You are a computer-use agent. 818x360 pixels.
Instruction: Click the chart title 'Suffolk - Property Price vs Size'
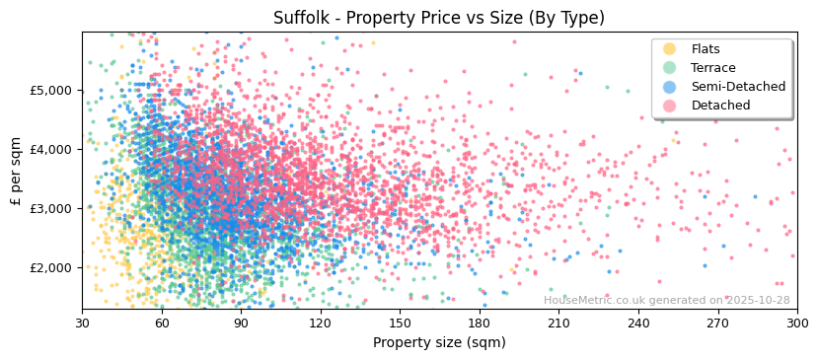coord(439,18)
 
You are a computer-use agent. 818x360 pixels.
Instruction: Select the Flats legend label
coord(706,49)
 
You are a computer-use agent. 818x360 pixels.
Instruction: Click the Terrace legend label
coord(712,68)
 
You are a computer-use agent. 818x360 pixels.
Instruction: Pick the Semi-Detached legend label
coord(738,87)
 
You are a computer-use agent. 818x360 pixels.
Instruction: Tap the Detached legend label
coord(720,106)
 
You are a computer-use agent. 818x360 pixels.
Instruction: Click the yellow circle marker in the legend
coord(670,49)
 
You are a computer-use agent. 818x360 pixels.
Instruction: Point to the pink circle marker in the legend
coord(670,106)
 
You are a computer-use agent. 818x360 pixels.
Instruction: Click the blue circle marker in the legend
coord(670,87)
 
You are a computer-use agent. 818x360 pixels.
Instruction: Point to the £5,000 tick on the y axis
coord(52,90)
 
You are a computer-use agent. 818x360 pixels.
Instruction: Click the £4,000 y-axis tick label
coord(52,149)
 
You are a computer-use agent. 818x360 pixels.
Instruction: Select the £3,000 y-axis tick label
coord(52,208)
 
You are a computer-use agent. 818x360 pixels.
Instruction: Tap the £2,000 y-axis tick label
coord(52,267)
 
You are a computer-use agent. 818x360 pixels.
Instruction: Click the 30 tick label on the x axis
coord(82,323)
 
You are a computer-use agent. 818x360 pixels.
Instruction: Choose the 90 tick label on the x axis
coord(241,323)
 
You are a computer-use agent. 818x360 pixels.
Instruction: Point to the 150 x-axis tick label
coord(400,323)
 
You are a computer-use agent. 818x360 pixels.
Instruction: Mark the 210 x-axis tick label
coord(558,323)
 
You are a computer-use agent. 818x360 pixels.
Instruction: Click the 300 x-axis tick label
coord(797,323)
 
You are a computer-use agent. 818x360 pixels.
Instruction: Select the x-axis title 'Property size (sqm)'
coord(439,342)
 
